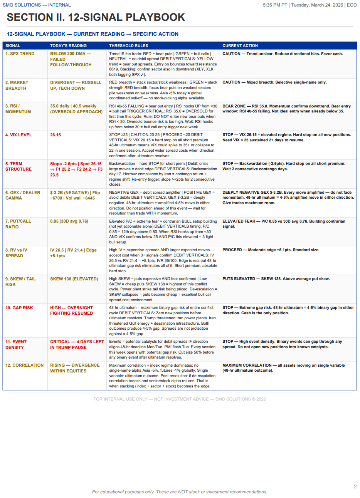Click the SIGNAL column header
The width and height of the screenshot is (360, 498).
pyautogui.click(x=13, y=45)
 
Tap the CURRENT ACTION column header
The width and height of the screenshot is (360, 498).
pyautogui.click(x=240, y=45)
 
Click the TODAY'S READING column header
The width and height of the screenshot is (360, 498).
pyautogui.click(x=68, y=45)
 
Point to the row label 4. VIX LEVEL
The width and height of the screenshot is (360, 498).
pyautogui.click(x=19, y=135)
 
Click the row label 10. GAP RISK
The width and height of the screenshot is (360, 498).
pyautogui.click(x=19, y=308)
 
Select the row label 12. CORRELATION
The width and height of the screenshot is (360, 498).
pyautogui.click(x=24, y=365)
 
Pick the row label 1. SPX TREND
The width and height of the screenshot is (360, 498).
pyautogui.click(x=20, y=54)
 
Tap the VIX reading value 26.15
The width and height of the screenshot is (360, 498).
pyautogui.click(x=56, y=135)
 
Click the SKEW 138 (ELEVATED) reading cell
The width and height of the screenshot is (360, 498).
pyautogui.click(x=74, y=279)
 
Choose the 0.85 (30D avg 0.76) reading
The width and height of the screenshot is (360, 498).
pyautogui.click(x=69, y=221)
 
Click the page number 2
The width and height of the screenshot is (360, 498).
pyautogui.click(x=355, y=486)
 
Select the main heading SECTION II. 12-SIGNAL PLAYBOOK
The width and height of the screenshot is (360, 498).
pyautogui.click(x=96, y=17)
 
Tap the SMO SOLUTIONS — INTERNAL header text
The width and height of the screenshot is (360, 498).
pyautogui.click(x=37, y=5)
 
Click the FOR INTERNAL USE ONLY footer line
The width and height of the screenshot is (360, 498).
pyautogui.click(x=180, y=399)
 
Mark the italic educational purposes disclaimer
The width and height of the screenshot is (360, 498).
pyautogui.click(x=180, y=492)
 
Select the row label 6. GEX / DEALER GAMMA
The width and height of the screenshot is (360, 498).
pyautogui.click(x=23, y=195)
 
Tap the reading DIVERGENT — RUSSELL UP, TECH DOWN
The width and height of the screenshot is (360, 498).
pyautogui.click(x=76, y=85)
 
